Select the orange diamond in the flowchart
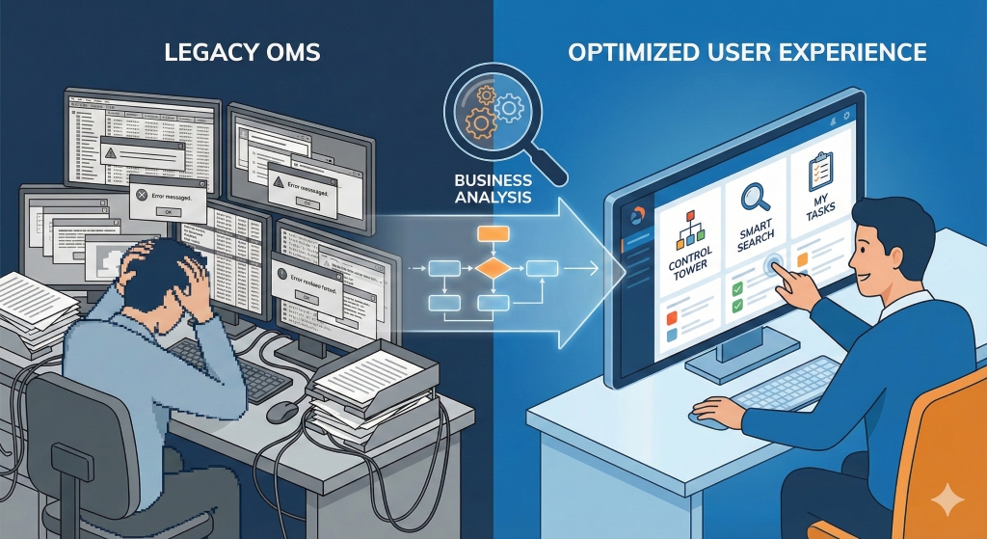pyautogui.click(x=492, y=267)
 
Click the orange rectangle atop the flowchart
pyautogui.click(x=493, y=232)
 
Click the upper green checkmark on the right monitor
pyautogui.click(x=737, y=287)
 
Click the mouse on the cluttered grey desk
pyautogui.click(x=282, y=411)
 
